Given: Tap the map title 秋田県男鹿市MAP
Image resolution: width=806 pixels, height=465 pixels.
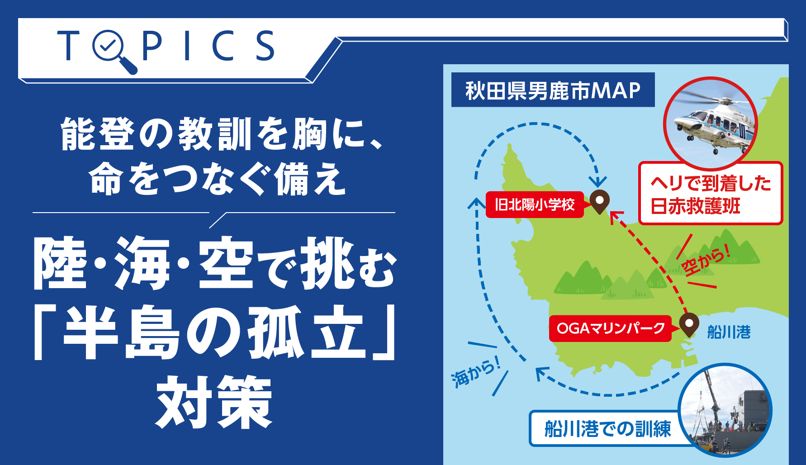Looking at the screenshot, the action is click(x=553, y=90).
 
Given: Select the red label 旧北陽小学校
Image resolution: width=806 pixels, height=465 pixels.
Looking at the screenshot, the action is click(x=535, y=205).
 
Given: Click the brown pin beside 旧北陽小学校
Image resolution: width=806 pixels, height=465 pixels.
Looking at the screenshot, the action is click(x=599, y=202).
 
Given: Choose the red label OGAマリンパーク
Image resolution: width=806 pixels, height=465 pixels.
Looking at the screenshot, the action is click(x=610, y=328).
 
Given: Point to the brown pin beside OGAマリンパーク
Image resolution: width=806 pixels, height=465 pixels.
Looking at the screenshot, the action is click(x=689, y=325).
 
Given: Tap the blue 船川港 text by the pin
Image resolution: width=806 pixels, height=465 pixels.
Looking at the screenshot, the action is click(x=729, y=332).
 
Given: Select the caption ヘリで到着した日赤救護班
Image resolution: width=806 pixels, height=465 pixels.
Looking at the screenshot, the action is click(x=711, y=194).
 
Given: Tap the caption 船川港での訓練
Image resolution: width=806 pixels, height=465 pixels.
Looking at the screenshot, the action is click(x=607, y=428).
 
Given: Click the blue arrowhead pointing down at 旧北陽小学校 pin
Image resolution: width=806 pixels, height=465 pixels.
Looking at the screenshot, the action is click(x=598, y=182).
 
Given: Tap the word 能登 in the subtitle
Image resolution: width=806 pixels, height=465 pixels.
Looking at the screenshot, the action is click(x=98, y=134).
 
